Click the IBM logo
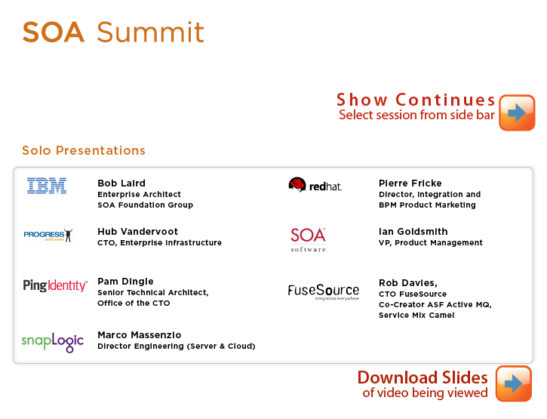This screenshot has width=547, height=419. click(x=47, y=186)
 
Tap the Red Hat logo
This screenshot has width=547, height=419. click(x=315, y=185)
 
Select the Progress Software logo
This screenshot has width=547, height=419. click(x=48, y=235)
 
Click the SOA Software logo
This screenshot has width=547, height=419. click(x=309, y=239)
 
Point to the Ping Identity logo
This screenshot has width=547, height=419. click(x=55, y=285)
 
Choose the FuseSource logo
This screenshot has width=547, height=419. click(x=324, y=291)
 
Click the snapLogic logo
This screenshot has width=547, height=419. click(x=53, y=342)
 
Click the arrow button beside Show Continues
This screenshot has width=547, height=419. click(x=517, y=112)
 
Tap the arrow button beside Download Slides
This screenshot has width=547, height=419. click(x=514, y=384)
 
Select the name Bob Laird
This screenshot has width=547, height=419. click(x=121, y=183)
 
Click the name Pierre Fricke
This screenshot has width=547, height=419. click(x=410, y=183)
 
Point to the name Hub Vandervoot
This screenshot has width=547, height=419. click(x=138, y=231)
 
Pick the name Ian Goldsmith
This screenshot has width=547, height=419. click(x=413, y=231)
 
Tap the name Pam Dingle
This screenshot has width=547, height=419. click(x=125, y=282)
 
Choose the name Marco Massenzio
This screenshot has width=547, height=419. click(x=140, y=335)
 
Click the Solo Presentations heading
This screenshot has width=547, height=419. click(x=84, y=150)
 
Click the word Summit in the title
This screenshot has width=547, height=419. click(x=150, y=32)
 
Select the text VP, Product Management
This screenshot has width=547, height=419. click(x=431, y=242)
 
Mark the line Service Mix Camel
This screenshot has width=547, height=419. click(x=416, y=315)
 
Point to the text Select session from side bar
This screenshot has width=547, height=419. click(x=417, y=115)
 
